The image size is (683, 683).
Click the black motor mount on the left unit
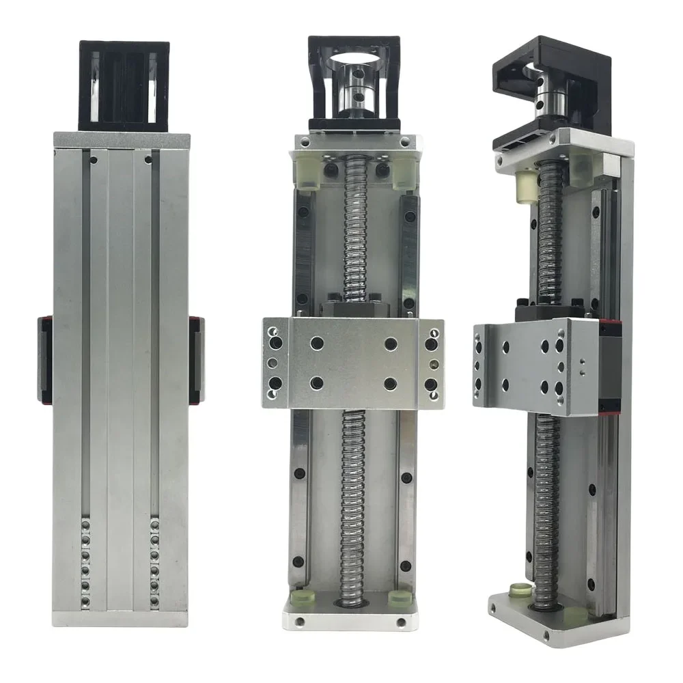click(124, 85)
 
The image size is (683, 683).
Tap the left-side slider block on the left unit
click(45, 359)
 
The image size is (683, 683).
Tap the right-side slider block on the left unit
click(197, 359)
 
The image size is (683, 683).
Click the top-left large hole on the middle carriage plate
click(317, 343)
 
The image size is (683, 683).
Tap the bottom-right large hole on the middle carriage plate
click(391, 383)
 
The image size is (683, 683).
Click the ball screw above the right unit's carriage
click(550, 232)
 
